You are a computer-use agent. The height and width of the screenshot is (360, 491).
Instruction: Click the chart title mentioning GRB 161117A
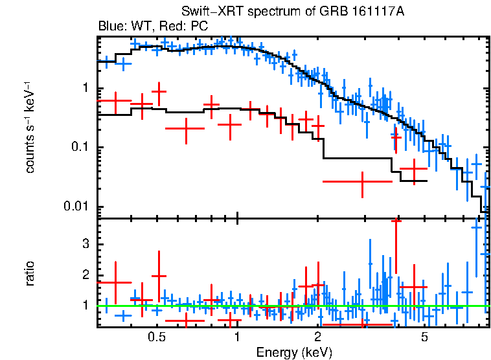click(x=292, y=13)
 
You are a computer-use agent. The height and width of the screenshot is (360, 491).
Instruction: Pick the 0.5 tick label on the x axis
click(x=155, y=337)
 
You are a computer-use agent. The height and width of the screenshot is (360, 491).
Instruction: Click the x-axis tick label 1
click(x=237, y=337)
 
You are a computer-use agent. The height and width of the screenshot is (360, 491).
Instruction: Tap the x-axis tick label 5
click(x=425, y=337)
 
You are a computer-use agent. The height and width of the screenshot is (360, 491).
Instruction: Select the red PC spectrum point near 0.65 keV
click(x=186, y=129)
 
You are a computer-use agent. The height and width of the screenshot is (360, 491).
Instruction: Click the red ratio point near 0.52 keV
click(x=159, y=276)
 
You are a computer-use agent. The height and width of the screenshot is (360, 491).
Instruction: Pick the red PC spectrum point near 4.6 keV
click(x=414, y=169)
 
